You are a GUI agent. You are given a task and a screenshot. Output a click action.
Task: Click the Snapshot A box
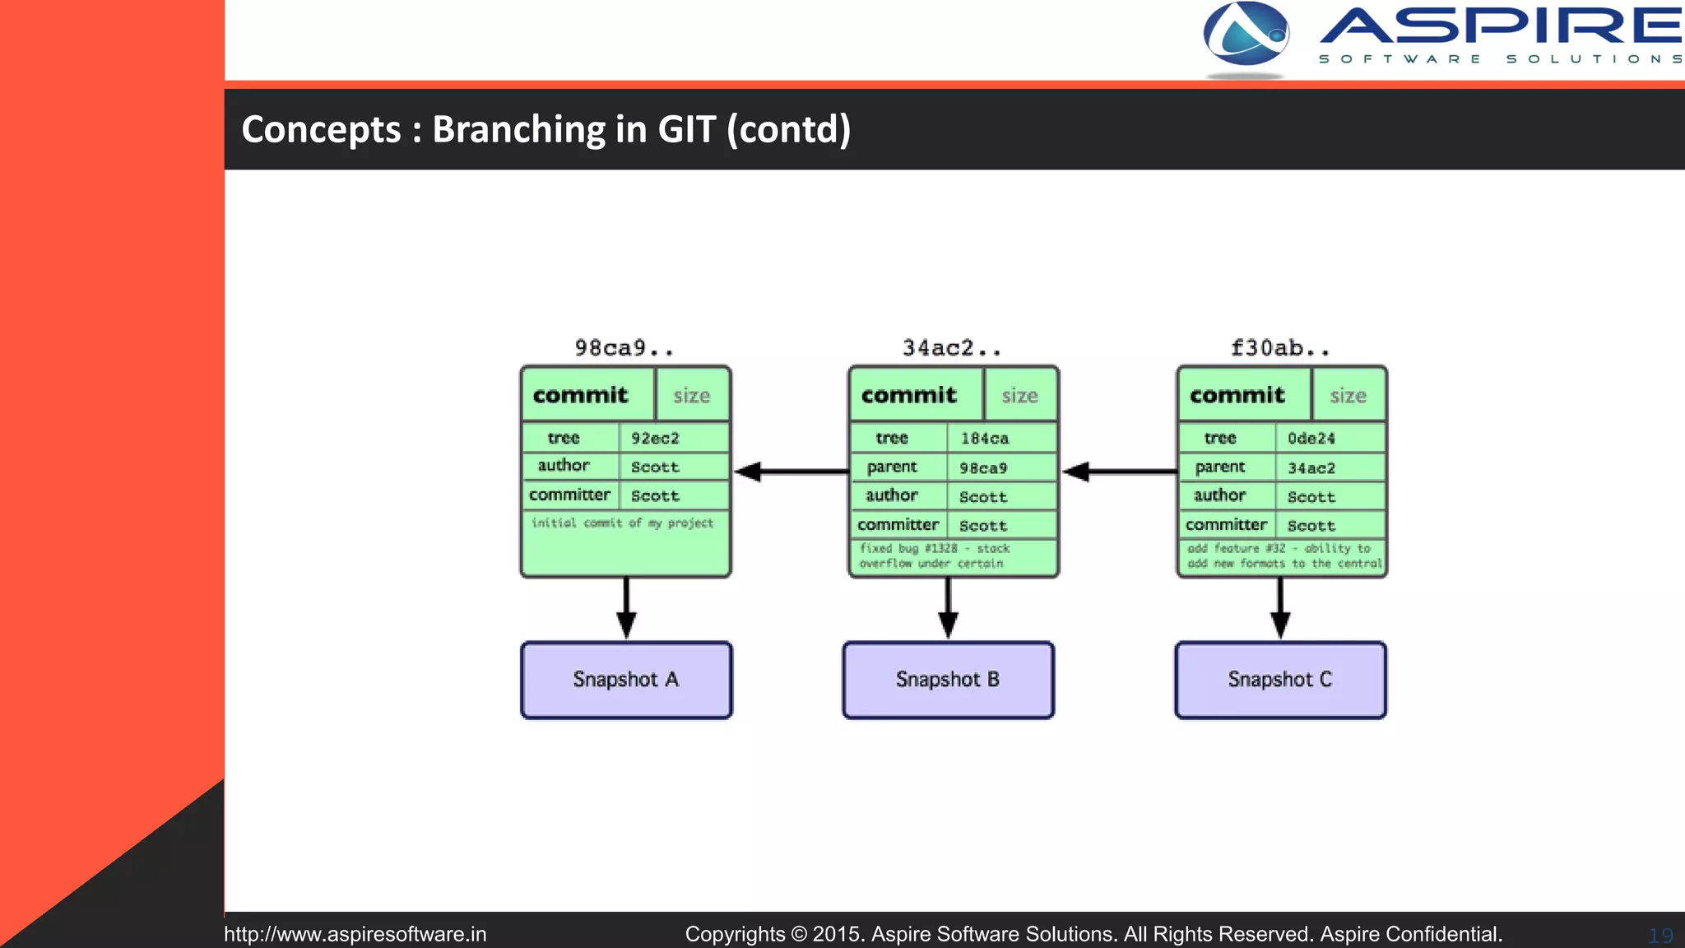coord(626,680)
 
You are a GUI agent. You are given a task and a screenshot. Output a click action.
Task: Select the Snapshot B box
coord(948,680)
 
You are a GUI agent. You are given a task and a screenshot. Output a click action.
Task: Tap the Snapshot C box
coord(1280,680)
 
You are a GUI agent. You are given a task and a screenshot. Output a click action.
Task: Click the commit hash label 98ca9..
coord(624,348)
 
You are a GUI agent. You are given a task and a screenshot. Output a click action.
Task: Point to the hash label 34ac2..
coord(952,348)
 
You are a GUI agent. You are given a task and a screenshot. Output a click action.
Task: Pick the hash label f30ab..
coord(1280,348)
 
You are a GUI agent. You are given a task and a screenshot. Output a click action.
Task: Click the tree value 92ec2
coord(656,438)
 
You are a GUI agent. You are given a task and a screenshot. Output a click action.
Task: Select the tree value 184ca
coord(984,439)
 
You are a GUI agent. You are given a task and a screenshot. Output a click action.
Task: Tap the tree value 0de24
coord(1311,439)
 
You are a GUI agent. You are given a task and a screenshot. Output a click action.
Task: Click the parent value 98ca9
coord(983,468)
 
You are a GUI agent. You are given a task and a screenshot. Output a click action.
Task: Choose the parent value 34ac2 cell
coord(1311,468)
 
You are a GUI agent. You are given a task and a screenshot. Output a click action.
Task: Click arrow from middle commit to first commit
coord(790,472)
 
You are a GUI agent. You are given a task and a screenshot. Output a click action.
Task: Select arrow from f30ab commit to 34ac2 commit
coord(1119,472)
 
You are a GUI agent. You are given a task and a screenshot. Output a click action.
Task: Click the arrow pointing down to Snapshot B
coord(948,609)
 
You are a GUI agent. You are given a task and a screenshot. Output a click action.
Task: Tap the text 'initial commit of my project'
coord(623,523)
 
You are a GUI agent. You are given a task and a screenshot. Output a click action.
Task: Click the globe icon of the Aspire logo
coord(1246,35)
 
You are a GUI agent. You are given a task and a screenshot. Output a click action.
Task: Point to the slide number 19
coord(1659,936)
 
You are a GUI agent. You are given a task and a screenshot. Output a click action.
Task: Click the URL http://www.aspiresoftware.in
coord(355,934)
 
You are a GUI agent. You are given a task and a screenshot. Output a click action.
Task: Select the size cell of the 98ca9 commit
coord(692,396)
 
